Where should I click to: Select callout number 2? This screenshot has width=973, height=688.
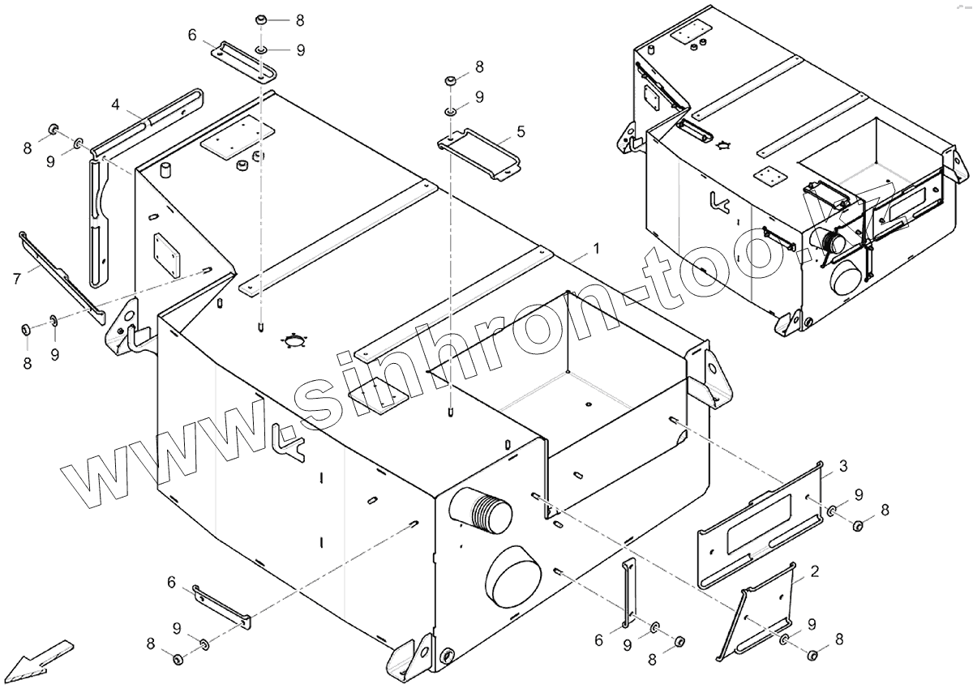click(x=814, y=571)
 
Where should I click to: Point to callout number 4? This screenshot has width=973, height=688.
click(x=116, y=105)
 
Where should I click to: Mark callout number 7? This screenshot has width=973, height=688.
click(x=16, y=279)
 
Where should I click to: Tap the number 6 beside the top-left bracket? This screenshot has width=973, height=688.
click(x=191, y=35)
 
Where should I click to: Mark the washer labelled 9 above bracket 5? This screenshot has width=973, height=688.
click(x=448, y=108)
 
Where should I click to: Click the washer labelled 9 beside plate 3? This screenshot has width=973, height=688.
click(x=833, y=511)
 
